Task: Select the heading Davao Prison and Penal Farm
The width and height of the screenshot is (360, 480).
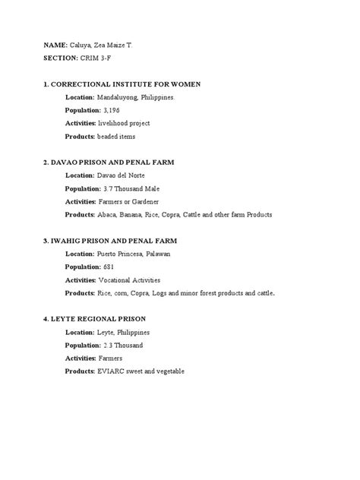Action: pos(114,163)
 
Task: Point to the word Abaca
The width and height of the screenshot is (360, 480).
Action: pos(107,215)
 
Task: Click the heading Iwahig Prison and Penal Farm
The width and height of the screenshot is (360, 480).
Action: pos(115,241)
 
